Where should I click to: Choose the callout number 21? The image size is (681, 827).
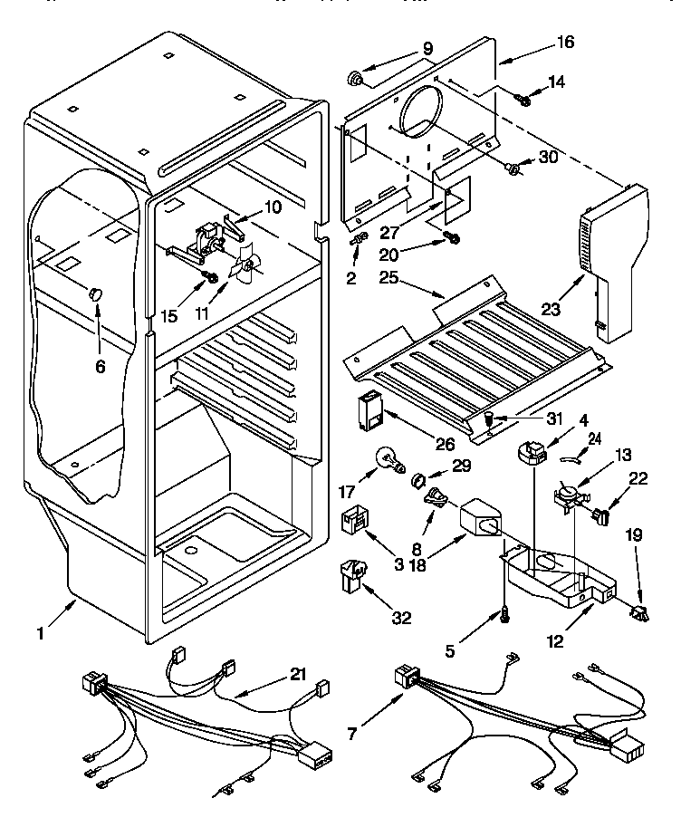[297, 674]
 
